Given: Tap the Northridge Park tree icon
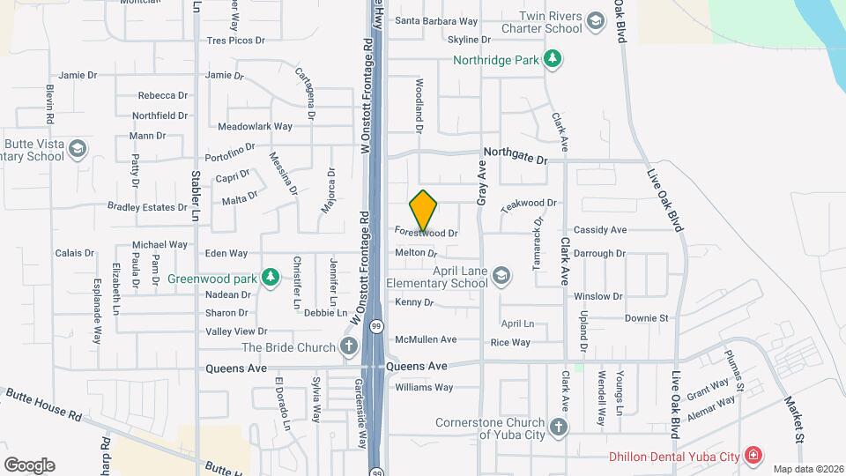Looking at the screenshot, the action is (x=553, y=60).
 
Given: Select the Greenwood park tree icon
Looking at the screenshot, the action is (x=271, y=279).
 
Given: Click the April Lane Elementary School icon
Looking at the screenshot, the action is (x=501, y=276).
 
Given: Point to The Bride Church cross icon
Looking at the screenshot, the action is (x=349, y=346).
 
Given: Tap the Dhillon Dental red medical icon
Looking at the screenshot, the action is (x=753, y=456).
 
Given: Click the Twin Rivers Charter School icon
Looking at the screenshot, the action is (x=596, y=21).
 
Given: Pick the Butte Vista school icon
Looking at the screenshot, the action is (x=78, y=149).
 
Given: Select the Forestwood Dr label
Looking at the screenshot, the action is (x=427, y=234).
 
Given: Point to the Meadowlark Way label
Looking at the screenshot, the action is (x=255, y=126).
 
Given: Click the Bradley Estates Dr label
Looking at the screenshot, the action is (x=147, y=207).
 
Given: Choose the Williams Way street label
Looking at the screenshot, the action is (x=424, y=387).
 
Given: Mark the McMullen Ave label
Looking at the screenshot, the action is (x=426, y=339).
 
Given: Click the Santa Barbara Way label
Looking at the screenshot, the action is (x=435, y=21).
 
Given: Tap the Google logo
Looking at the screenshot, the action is (x=29, y=465).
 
